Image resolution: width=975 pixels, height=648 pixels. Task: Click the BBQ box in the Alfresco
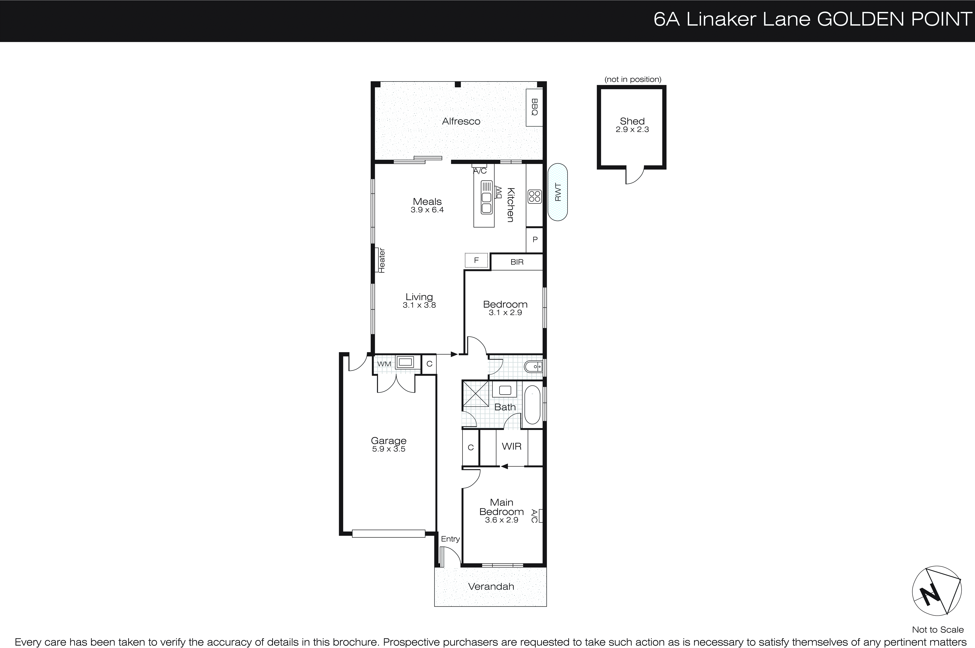(534, 107)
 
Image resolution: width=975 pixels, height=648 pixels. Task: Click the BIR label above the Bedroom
(517, 262)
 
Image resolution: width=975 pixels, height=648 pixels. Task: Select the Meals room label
(427, 202)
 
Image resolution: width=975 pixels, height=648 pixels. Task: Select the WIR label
(511, 446)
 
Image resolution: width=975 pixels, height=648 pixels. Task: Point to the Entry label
(450, 539)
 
